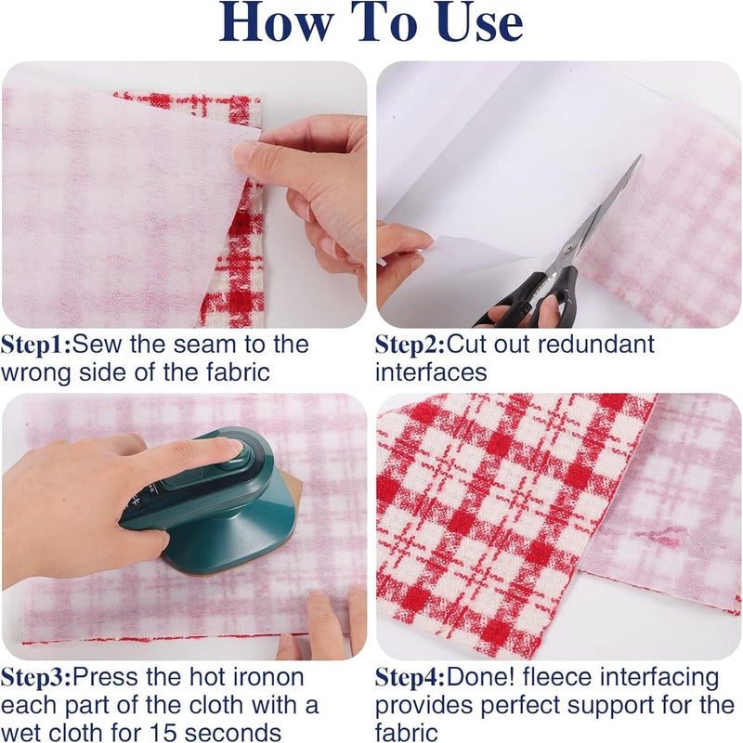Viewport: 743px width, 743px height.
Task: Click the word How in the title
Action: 276,22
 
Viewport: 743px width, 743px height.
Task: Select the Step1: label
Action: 36,345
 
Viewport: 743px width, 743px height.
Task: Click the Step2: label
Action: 411,345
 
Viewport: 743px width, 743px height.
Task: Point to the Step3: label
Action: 36,678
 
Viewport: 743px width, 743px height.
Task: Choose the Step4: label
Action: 411,678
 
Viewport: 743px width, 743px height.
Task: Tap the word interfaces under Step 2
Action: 431,372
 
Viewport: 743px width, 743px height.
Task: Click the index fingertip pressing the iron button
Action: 231,446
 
